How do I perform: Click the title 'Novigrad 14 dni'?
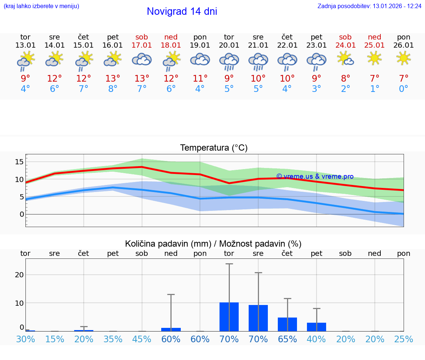coord(182,11)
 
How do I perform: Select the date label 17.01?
coord(142,45)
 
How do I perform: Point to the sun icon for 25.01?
coord(375,58)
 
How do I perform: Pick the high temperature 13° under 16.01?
coord(113,78)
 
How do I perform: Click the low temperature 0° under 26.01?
coord(404,89)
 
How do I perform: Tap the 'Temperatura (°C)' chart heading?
coord(214,148)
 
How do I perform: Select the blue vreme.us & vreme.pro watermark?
coord(315,176)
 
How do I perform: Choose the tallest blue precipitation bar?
coord(229,317)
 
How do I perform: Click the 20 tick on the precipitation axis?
coord(20,275)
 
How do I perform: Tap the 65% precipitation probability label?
coord(287,339)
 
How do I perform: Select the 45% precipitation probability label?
coord(142,339)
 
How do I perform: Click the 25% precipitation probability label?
coord(404,339)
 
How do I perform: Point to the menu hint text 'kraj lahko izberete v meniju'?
coord(41,6)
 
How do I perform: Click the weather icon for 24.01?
coord(346,58)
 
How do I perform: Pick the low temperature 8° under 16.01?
coord(113,89)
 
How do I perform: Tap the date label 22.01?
coord(287,45)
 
